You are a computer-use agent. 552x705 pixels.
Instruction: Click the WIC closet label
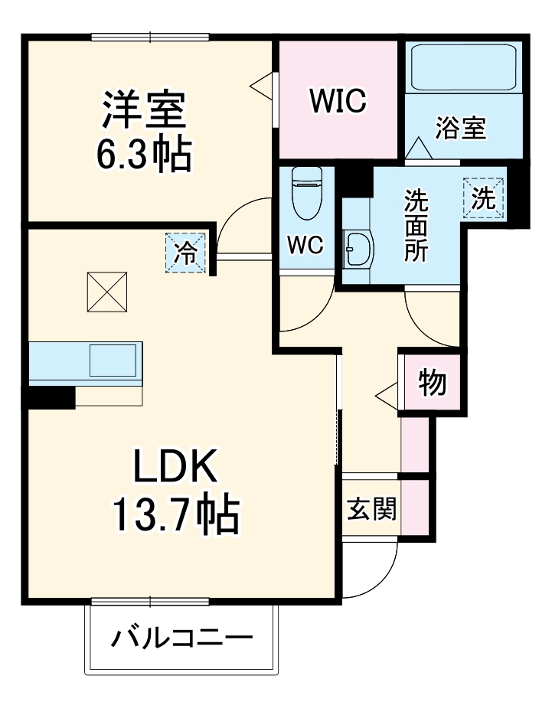click(x=338, y=100)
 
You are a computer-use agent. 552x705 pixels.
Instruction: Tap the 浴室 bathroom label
click(x=461, y=129)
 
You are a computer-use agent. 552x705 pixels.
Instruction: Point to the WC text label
click(x=306, y=246)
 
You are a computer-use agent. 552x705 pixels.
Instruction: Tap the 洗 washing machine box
click(x=484, y=198)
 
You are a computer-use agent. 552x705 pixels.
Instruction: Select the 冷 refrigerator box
click(x=186, y=253)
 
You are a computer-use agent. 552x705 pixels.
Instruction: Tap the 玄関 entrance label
click(x=372, y=508)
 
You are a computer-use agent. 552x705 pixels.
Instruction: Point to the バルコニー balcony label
click(x=182, y=637)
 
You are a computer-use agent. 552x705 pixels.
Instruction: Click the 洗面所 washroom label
click(x=416, y=225)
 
